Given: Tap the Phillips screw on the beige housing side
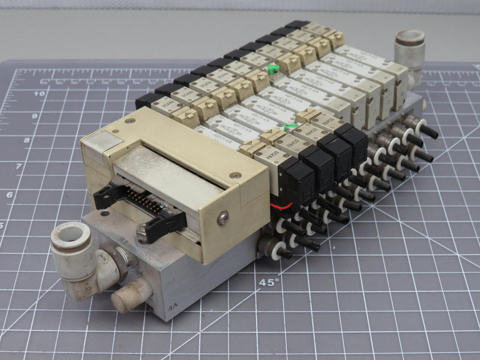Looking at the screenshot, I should tap(223, 219).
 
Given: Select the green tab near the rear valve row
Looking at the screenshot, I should tap(273, 69).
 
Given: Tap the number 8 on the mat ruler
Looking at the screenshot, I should tap(27, 140).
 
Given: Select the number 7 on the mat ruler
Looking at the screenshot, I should tap(19, 166).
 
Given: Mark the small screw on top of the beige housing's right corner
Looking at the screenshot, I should tap(235, 175).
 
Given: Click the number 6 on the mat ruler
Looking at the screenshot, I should tap(10, 194).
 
